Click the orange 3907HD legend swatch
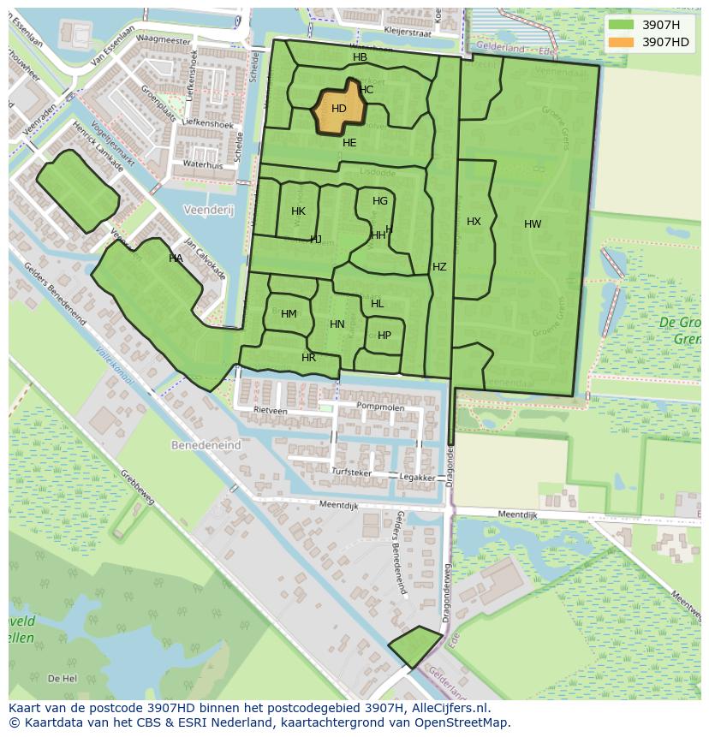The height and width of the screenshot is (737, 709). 622,42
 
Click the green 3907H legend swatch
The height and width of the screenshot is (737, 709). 622,25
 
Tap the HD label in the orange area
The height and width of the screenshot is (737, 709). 338,109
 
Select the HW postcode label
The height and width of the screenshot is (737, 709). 533,224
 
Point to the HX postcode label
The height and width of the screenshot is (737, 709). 474,222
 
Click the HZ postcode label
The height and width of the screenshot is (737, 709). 439,267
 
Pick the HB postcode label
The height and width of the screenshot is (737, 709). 360,57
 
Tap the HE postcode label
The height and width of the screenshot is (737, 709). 349,143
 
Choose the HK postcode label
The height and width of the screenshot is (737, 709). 298,211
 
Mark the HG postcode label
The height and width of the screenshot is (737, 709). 380,201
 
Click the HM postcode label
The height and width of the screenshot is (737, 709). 289,314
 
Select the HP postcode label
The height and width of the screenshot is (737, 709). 384,336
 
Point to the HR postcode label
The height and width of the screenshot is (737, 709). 308,358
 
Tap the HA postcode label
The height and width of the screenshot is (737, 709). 176,259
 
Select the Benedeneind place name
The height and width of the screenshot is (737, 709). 206,446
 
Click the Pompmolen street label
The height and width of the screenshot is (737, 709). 379,407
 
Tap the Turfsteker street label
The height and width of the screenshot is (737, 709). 352,472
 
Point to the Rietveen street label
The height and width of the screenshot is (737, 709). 271,410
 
